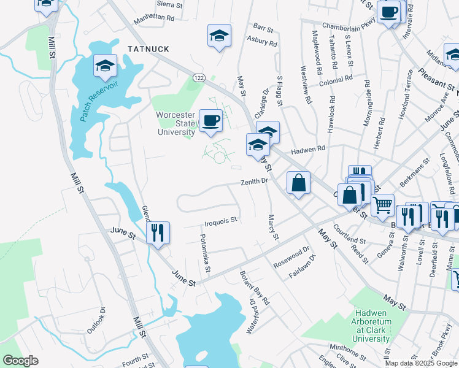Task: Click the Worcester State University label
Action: (x=175, y=123)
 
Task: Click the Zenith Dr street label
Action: (x=255, y=182)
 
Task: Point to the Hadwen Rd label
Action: (x=307, y=149)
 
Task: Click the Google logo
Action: (x=21, y=360)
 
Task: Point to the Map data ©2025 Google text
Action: (x=420, y=363)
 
